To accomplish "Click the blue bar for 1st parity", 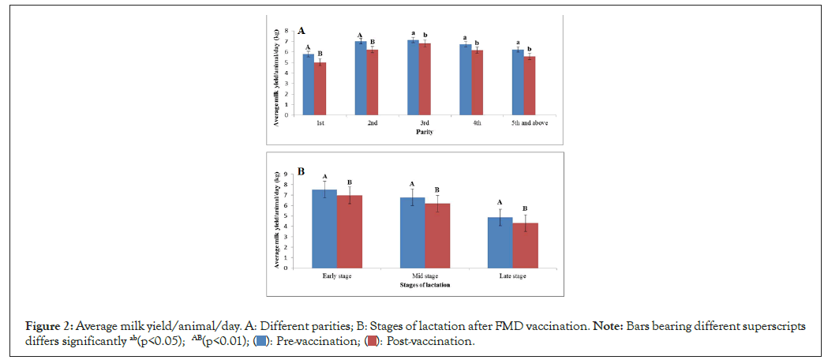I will [x=308, y=84].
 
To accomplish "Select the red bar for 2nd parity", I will [x=373, y=82].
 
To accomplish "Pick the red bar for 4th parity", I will [x=477, y=82].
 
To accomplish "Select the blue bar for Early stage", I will [x=324, y=228].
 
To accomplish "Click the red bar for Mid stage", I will [x=437, y=235].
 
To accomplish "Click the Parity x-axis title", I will [x=427, y=132].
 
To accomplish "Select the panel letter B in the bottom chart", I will [x=301, y=171].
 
